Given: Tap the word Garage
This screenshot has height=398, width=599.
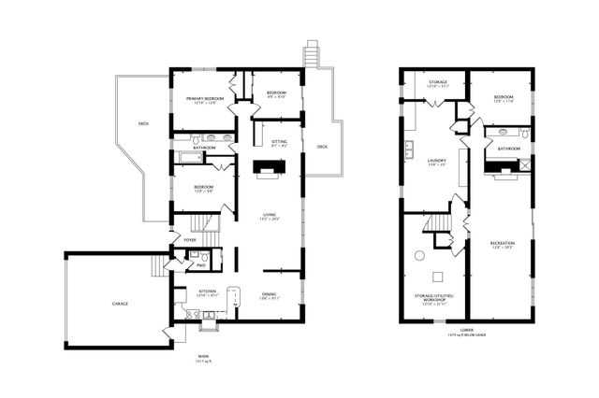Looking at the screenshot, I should pyautogui.click(x=121, y=304).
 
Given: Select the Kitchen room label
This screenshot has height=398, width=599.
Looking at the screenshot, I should pyautogui.click(x=207, y=291).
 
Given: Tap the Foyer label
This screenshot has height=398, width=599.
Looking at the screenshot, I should pyautogui.click(x=190, y=239).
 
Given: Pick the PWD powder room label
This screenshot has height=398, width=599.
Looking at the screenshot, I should pyautogui.click(x=199, y=266).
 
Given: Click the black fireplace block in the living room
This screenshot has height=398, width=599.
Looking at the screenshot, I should pyautogui.click(x=270, y=167).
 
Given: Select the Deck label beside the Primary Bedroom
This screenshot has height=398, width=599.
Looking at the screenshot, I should pyautogui.click(x=143, y=123).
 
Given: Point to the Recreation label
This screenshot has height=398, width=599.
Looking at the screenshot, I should pyautogui.click(x=503, y=246).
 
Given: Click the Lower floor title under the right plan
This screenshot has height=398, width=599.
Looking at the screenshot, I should pyautogui.click(x=465, y=328).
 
